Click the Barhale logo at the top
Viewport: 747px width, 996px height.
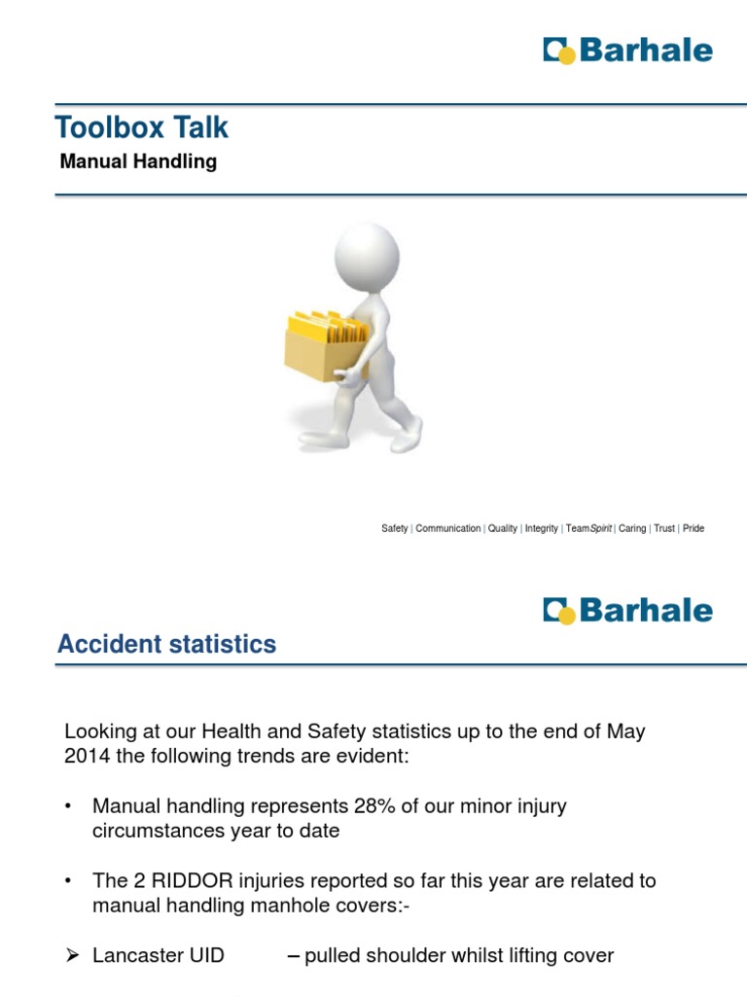(627, 51)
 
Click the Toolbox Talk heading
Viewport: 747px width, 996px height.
(142, 127)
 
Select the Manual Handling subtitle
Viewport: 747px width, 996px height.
(138, 161)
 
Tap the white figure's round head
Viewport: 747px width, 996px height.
(367, 256)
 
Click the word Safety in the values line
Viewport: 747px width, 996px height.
(395, 528)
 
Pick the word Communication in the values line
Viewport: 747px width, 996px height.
(447, 528)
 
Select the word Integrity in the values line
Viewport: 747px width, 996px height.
(541, 528)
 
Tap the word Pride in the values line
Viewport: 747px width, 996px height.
(694, 528)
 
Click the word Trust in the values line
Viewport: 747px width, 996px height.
(664, 528)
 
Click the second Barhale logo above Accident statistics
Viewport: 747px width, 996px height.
(627, 611)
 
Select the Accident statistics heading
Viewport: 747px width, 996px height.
(167, 644)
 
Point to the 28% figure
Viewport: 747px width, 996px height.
(374, 806)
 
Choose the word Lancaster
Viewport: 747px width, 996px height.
(132, 955)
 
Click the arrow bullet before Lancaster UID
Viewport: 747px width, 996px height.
(72, 955)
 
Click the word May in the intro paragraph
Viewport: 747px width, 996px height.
(625, 731)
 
